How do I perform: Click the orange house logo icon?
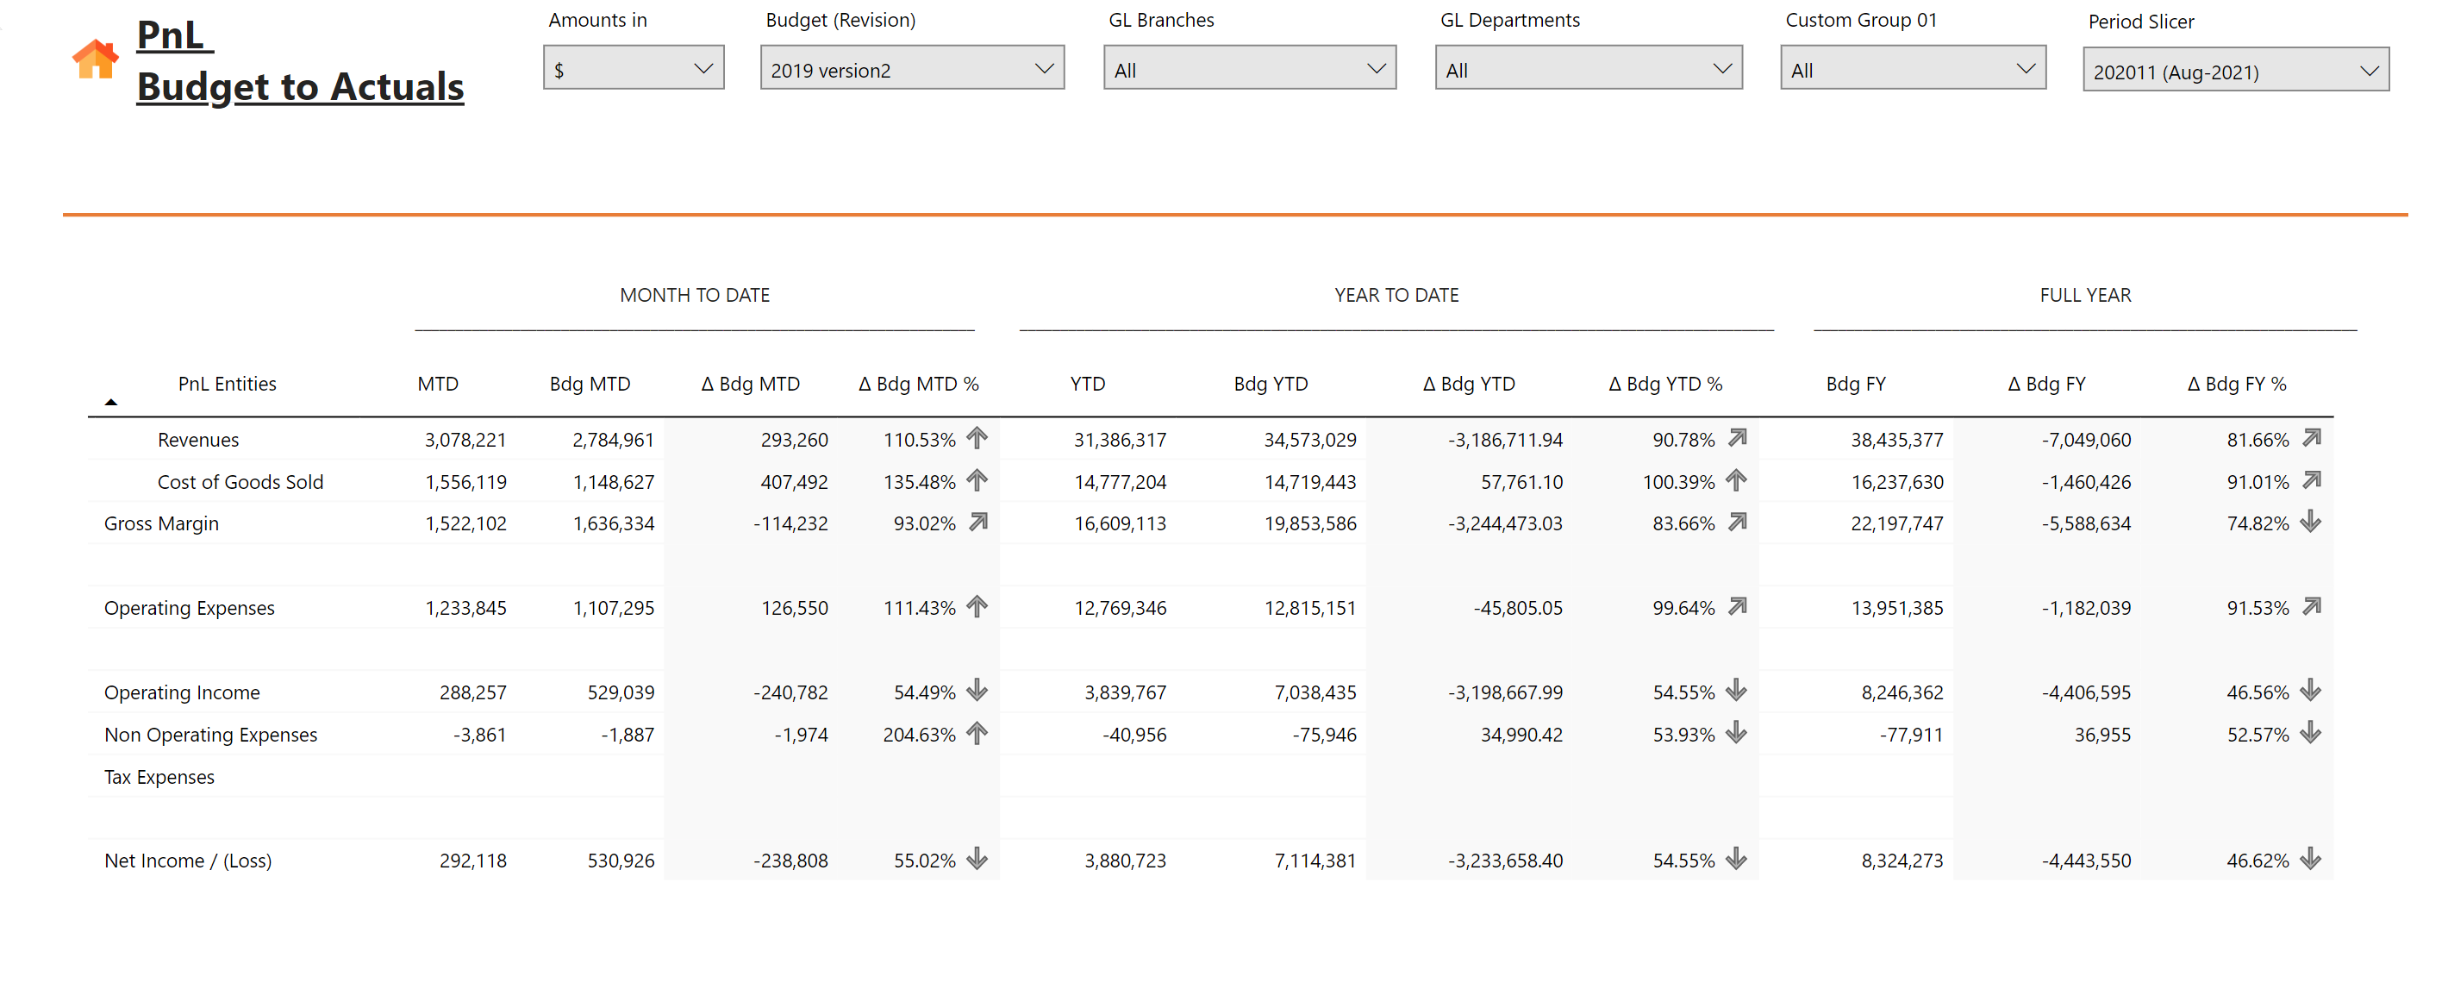point(95,59)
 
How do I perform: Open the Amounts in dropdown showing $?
point(633,68)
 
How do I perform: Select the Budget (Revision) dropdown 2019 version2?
point(911,68)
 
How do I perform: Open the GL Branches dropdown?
point(1249,68)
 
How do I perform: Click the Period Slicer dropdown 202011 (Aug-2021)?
point(2235,71)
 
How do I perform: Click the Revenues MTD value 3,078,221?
point(465,440)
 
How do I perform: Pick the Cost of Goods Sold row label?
point(240,482)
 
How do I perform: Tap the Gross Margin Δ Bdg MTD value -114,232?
point(790,523)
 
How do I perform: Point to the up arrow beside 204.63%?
point(977,733)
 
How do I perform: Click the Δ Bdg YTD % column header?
point(1665,384)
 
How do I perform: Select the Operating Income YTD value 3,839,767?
point(1125,693)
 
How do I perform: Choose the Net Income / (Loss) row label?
point(188,861)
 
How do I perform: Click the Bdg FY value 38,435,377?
point(1897,440)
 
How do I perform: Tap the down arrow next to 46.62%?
point(2311,860)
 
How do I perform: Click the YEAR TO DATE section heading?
point(1396,296)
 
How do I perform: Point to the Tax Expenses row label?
point(159,778)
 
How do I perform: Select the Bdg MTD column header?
point(590,384)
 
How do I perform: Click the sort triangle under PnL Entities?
point(111,403)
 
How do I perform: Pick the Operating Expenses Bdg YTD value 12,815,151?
point(1309,609)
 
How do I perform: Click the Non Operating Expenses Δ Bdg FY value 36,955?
point(2102,735)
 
